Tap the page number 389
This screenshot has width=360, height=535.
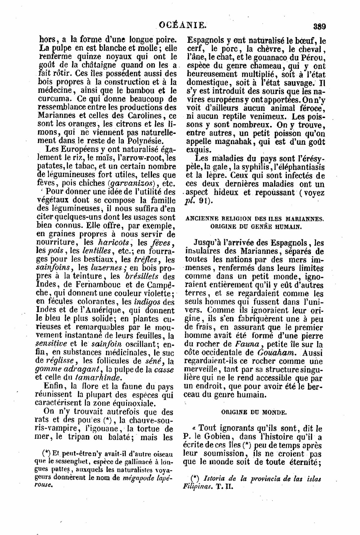pos(319,26)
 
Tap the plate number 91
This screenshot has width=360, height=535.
pos(203,201)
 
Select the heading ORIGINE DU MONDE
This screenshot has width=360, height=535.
pos(254,412)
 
